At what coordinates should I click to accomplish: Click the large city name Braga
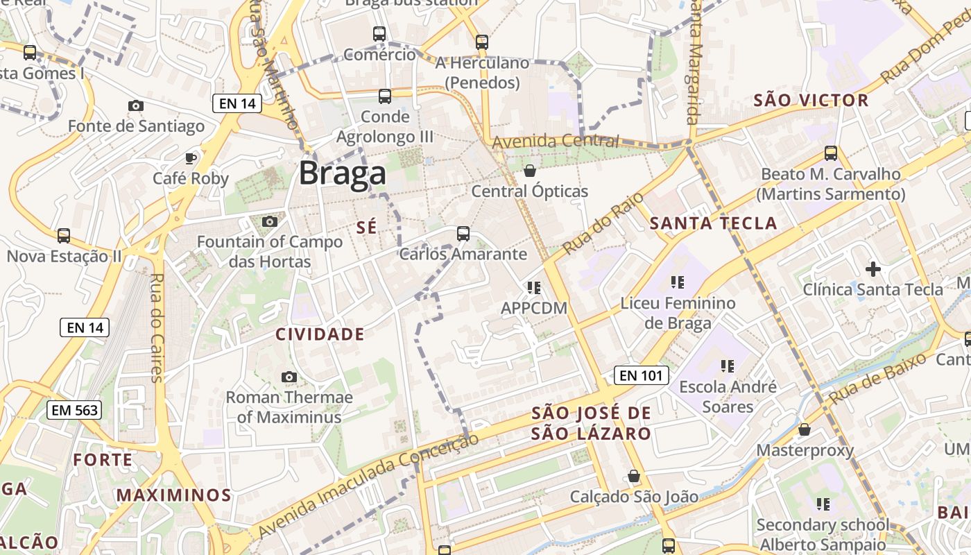pos(342,173)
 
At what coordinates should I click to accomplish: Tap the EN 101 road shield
pos(642,376)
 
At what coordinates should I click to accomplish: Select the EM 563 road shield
pos(74,410)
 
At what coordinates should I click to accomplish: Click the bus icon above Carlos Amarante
pos(463,234)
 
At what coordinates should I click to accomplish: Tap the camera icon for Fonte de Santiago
pos(136,106)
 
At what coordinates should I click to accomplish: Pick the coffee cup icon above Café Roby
pos(191,158)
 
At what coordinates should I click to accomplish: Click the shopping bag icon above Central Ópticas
pos(530,171)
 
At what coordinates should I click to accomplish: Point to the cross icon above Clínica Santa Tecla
pos(873,268)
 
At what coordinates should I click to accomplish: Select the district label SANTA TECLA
pos(714,223)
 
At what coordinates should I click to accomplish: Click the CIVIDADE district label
pos(320,334)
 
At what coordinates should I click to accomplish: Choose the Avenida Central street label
pos(555,142)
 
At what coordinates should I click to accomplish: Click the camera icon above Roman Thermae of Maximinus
pos(289,377)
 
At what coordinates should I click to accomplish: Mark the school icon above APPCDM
pos(533,287)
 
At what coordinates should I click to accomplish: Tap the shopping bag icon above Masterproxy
pos(805,430)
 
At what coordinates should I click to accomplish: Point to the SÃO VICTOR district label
pos(811,101)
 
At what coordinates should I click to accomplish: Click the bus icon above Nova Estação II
pos(64,236)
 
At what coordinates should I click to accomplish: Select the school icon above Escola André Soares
pos(727,366)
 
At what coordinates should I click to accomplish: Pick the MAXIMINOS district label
pos(173,495)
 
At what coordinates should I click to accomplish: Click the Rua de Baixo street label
pos(877,379)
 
